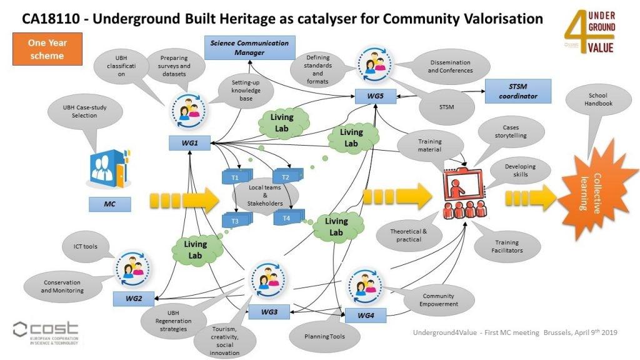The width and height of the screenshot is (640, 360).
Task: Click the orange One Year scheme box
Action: pos(47,49)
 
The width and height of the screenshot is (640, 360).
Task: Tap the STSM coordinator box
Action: pos(517,91)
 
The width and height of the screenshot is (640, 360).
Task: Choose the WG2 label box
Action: pos(134,299)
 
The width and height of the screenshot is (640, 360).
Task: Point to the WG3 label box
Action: pos(269,311)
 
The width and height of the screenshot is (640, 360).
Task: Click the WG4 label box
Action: pos(365,316)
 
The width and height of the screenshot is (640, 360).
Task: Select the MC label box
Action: pos(109,204)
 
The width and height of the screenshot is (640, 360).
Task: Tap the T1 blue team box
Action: pos(236,177)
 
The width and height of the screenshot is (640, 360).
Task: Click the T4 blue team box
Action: pos(287,218)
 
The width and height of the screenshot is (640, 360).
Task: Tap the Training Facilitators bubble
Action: pos(506,246)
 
